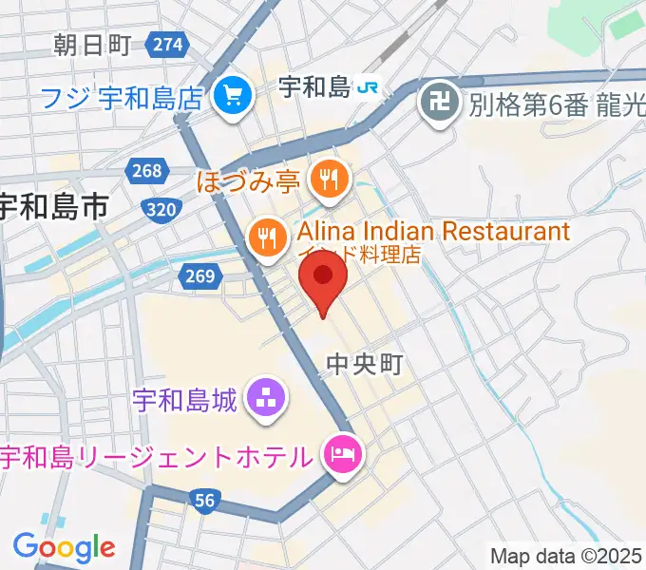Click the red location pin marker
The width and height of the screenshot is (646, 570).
coord(323,278)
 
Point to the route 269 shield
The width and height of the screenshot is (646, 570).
coord(198,276)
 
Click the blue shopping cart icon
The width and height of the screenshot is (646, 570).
coord(230,95)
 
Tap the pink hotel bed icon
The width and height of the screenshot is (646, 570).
coord(339,456)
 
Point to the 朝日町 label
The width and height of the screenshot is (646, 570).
coord(92,44)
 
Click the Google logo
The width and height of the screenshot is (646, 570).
coord(64,547)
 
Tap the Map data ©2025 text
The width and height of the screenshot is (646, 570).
coord(565,556)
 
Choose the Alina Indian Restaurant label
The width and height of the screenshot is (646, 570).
coord(433,231)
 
